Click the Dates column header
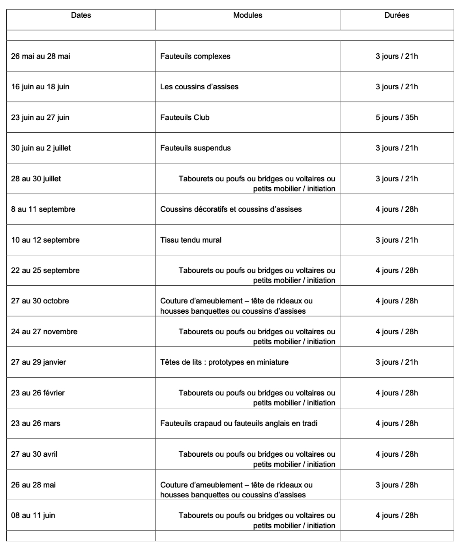[x=81, y=15]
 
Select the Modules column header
[x=247, y=15]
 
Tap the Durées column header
[x=397, y=15]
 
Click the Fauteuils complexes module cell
[x=195, y=56]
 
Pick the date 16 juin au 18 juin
[x=40, y=87]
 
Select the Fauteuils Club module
[x=185, y=117]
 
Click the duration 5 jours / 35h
[x=397, y=117]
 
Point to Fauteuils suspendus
[x=195, y=148]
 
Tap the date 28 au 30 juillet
[x=36, y=179]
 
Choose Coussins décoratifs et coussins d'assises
[x=231, y=209]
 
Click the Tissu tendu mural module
[x=191, y=240]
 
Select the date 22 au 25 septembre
[x=45, y=270]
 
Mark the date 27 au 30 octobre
[x=40, y=301]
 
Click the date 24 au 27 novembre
[x=44, y=331]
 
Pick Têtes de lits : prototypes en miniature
[x=224, y=362]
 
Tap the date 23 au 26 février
[x=38, y=393]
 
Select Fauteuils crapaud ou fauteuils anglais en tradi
[x=239, y=423]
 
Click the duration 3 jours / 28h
[x=397, y=485]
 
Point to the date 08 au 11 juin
[x=33, y=515]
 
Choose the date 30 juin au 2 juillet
[x=41, y=148]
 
